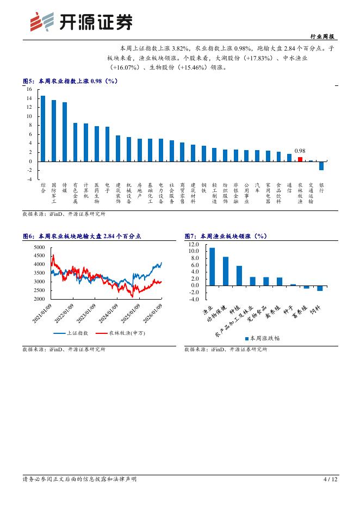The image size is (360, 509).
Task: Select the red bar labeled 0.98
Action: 300,159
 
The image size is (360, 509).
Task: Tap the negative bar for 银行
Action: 321,165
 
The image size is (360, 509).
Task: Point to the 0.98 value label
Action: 300,151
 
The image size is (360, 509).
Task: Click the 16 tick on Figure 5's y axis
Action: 29,89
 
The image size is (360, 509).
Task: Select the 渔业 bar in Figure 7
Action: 212,266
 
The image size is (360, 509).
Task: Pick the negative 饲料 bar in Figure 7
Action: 320,288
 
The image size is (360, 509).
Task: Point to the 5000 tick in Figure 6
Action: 39,247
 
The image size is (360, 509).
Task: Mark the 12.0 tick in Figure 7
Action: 194,245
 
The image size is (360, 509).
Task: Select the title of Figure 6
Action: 82,236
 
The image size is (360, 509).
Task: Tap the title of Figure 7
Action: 225,236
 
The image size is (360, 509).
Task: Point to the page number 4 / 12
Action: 330,479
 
